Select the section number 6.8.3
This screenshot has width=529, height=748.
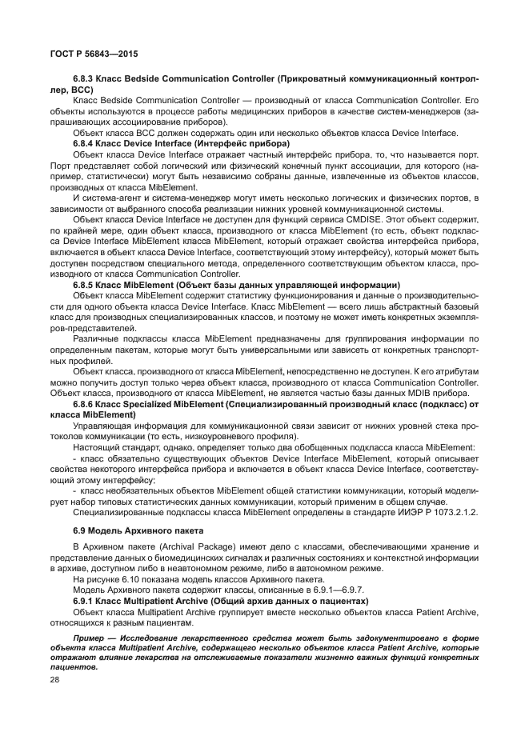pos(86,79)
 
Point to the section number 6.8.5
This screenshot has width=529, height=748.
pos(86,285)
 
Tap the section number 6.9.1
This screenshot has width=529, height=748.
pos(86,600)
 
